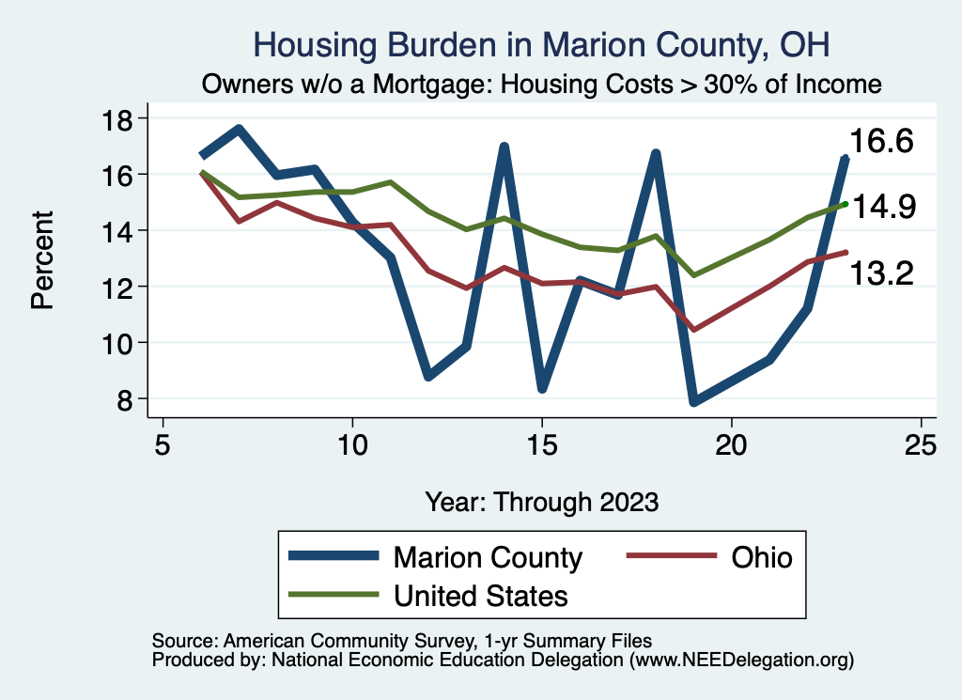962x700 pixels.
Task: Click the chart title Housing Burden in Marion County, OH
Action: (541, 45)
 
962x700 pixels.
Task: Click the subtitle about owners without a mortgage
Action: (542, 85)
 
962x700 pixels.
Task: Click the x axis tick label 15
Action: (542, 444)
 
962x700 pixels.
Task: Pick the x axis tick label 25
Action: (921, 444)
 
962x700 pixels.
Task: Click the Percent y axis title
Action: (41, 259)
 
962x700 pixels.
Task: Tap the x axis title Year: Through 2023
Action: (541, 501)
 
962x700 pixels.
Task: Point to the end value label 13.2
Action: (882, 273)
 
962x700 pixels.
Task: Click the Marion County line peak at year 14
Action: (504, 148)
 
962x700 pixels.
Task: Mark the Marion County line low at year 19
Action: (694, 401)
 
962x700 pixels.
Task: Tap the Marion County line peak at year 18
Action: (656, 153)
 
